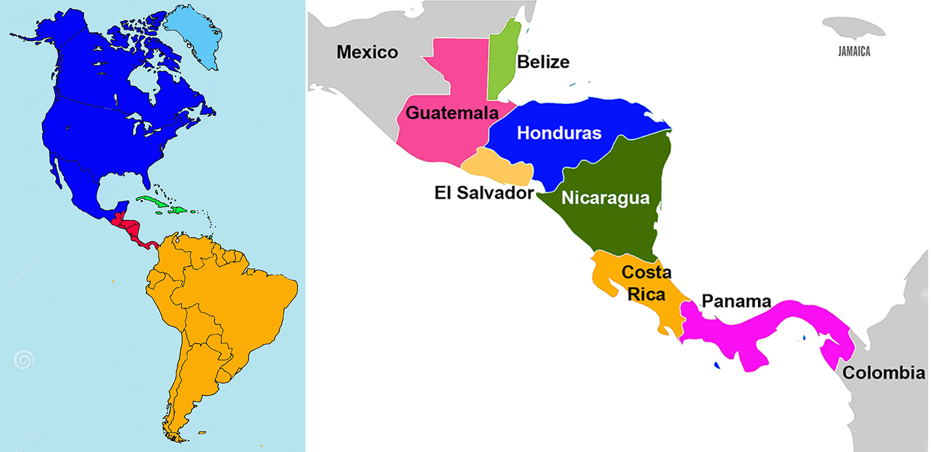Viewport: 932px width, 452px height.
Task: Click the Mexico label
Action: click(367, 52)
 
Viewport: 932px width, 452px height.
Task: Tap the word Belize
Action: click(543, 62)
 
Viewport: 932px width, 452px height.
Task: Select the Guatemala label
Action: click(451, 113)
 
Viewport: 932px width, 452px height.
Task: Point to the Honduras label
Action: click(559, 133)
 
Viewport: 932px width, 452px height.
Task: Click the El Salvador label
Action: click(484, 193)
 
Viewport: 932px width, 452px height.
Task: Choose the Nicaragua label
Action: click(605, 198)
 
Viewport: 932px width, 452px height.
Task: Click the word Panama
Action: click(736, 301)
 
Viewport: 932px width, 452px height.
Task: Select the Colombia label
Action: click(884, 373)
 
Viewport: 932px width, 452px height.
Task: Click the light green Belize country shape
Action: click(504, 61)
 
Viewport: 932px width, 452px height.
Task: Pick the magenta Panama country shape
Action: click(764, 328)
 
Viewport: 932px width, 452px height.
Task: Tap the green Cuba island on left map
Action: click(156, 203)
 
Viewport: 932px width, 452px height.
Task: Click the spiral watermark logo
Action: click(24, 361)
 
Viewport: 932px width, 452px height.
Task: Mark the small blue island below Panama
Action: click(717, 365)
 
